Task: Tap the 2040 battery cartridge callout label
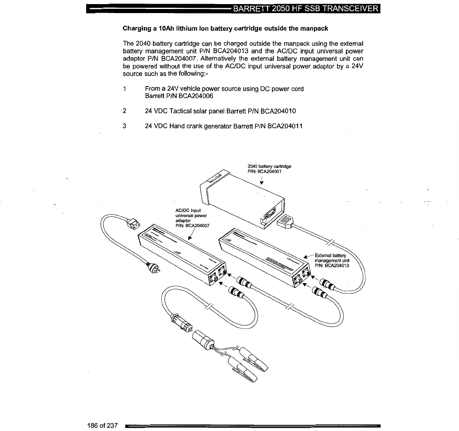269,169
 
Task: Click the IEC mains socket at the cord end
132,223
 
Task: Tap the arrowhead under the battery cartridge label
261,183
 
